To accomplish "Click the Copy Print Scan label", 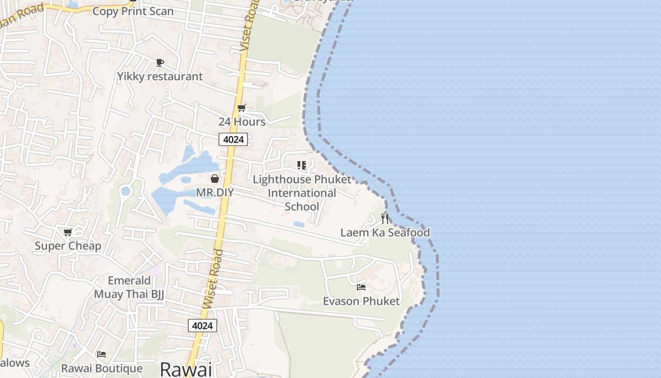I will (x=133, y=11).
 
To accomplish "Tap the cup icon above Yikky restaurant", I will (x=160, y=62).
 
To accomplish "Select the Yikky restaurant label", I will (x=160, y=76).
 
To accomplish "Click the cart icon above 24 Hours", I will (x=241, y=108).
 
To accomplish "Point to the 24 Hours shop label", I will (x=242, y=121).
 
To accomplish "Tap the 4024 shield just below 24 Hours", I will (x=233, y=139).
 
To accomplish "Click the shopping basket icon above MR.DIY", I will (x=215, y=179).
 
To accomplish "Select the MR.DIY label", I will (x=215, y=192).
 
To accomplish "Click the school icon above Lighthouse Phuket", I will (x=302, y=165).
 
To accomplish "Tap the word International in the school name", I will (x=302, y=193).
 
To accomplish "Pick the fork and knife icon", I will (x=385, y=219).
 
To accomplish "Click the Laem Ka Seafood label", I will (x=385, y=232).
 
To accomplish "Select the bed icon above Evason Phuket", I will (x=361, y=287).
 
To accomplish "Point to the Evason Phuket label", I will (x=361, y=301).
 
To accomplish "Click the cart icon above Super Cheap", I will (x=68, y=232).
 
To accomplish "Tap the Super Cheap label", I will (x=68, y=246).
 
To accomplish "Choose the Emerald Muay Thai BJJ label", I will (x=129, y=287).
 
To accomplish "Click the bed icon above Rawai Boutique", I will (x=102, y=354).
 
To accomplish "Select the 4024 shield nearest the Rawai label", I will (x=203, y=326).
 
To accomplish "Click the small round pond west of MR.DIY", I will (x=125, y=191).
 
